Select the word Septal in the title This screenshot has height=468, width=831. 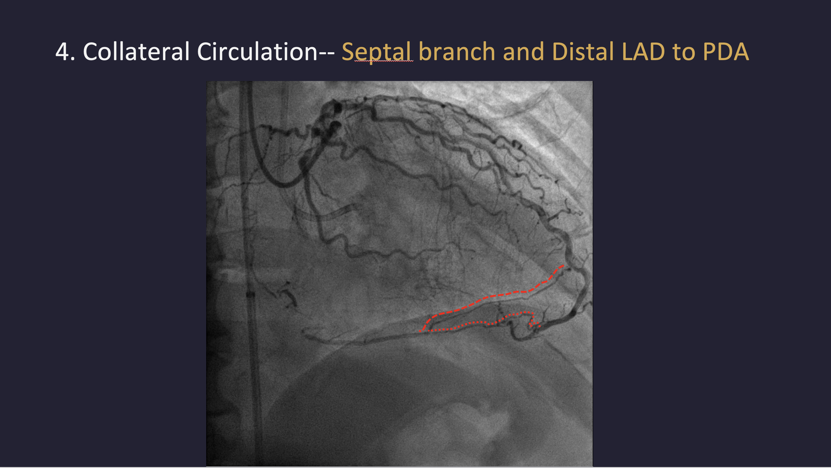point(376,52)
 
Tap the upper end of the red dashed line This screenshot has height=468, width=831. point(563,265)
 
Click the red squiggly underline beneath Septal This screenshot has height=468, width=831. point(384,61)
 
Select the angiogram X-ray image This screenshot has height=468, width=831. point(399,273)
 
